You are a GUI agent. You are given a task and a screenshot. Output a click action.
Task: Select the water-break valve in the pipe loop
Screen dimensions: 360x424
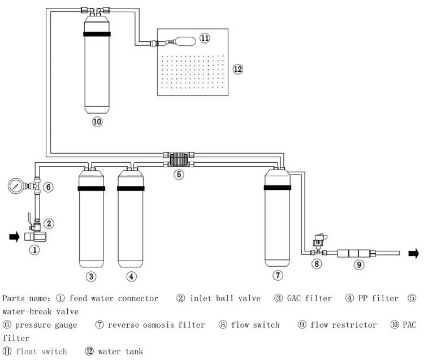click(178, 158)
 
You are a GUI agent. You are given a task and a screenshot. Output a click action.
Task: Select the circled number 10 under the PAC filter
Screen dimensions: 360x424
click(97, 122)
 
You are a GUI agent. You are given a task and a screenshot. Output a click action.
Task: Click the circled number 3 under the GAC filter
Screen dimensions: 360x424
click(90, 276)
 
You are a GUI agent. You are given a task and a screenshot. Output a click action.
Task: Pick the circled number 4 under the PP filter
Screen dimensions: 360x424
click(131, 276)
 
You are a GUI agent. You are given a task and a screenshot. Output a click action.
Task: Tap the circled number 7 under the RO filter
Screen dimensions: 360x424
click(278, 275)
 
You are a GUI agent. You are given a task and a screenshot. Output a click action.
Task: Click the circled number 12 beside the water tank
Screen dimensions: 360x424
click(237, 69)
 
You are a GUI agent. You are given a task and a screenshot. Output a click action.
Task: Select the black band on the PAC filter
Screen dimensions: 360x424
click(97, 34)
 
